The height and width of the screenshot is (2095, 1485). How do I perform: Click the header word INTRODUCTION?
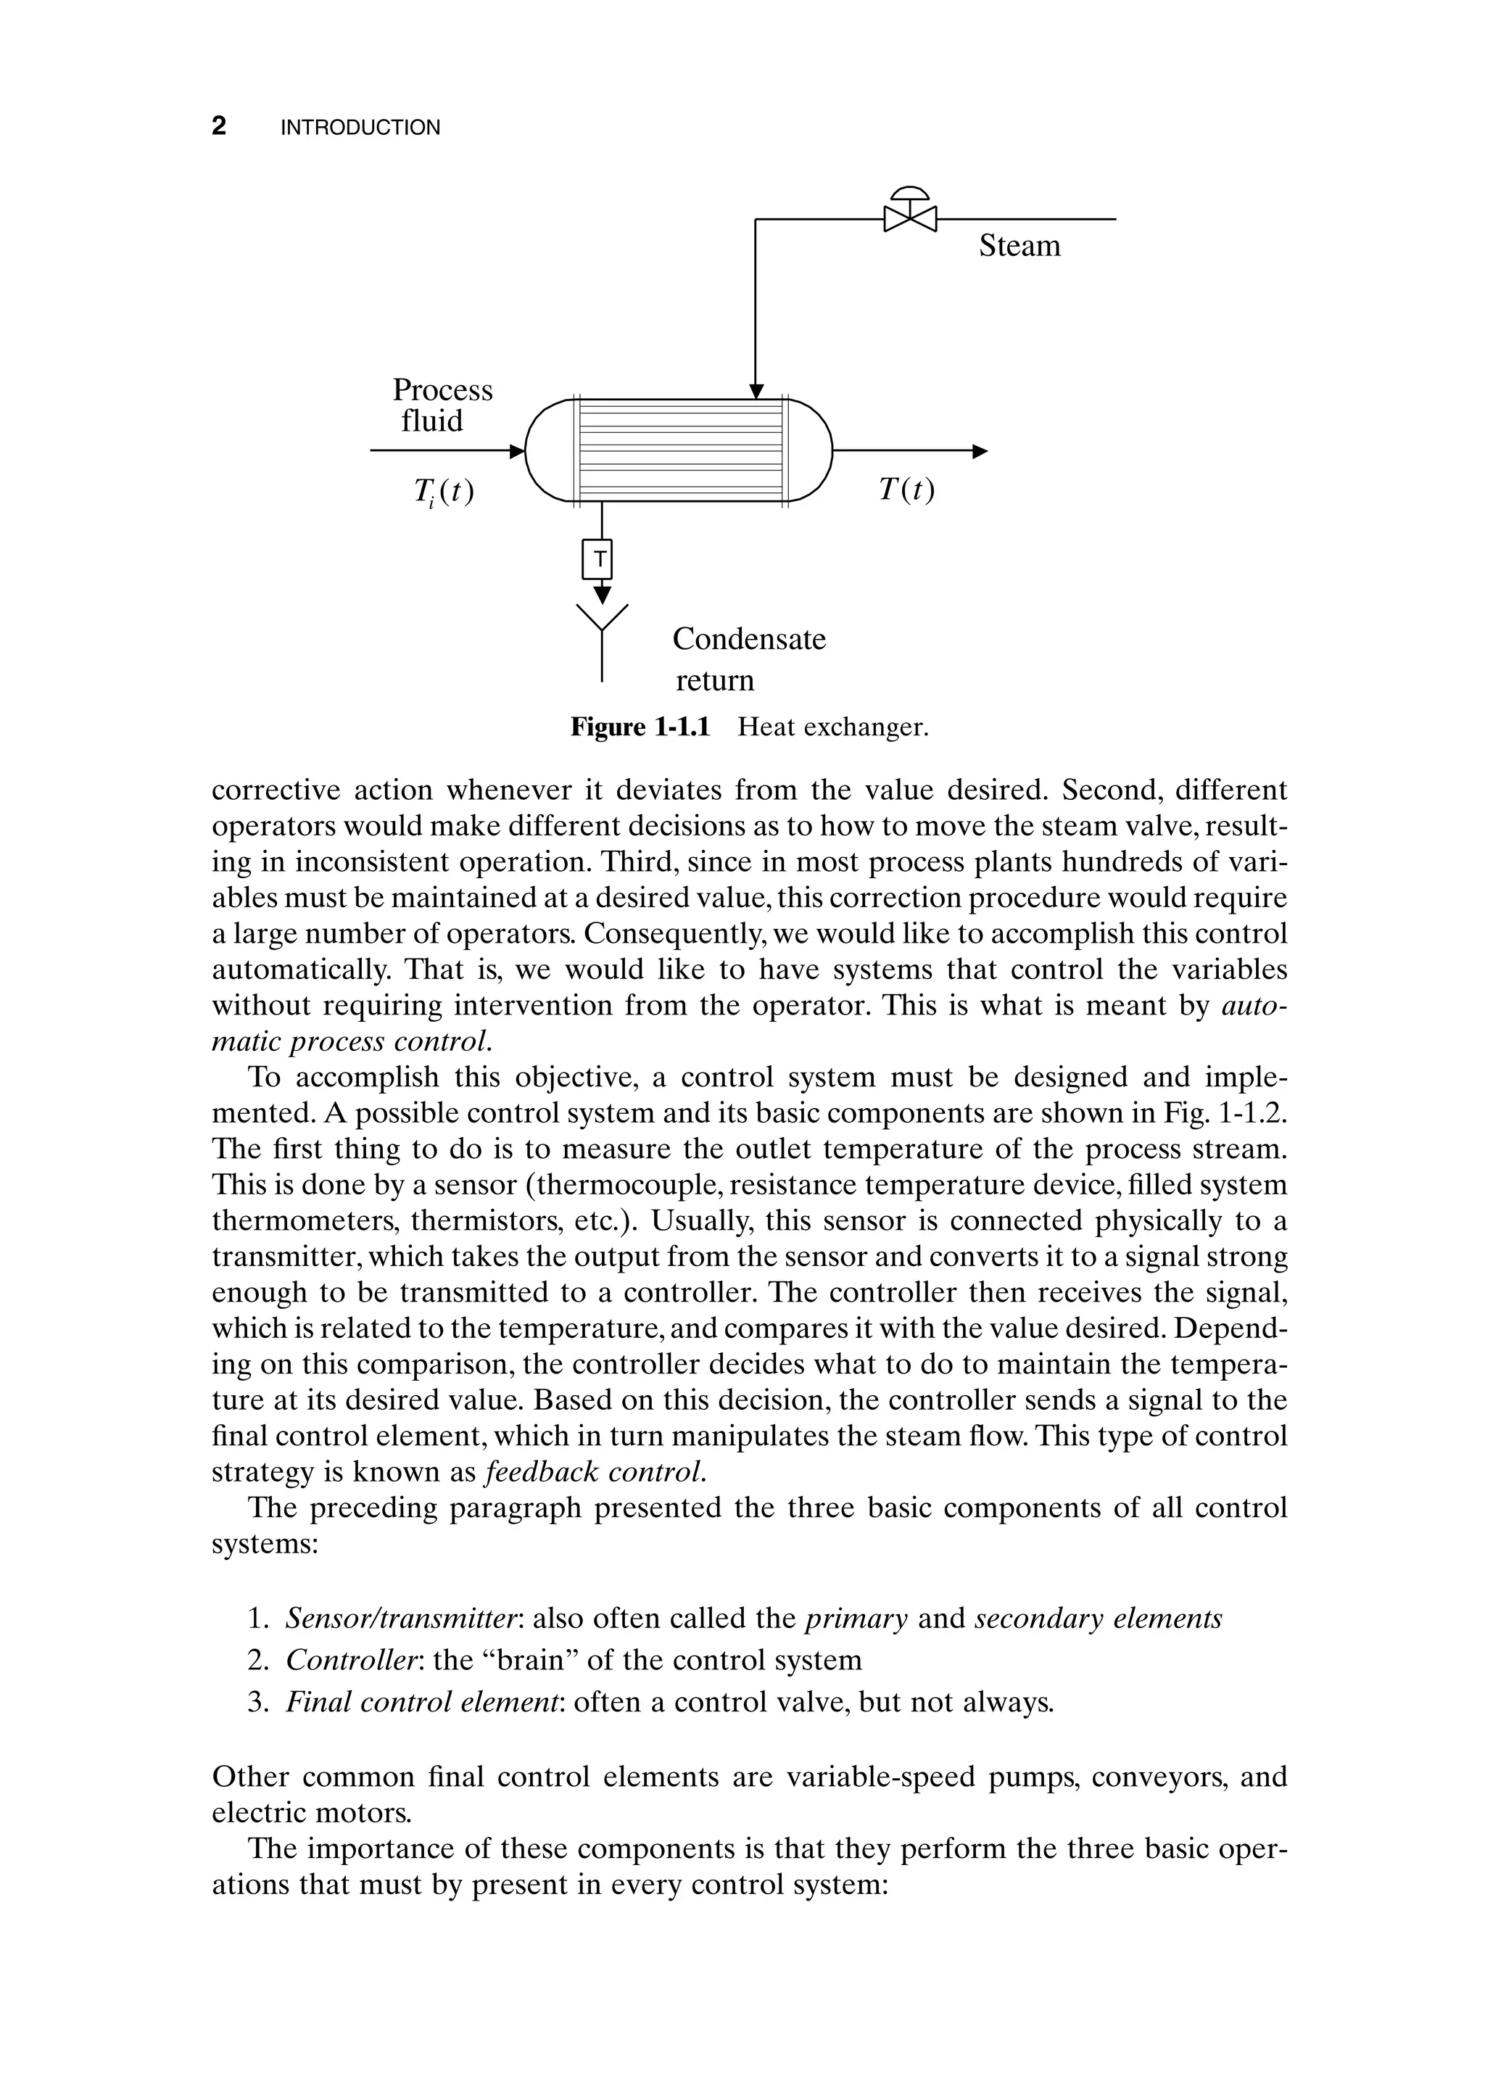tap(360, 128)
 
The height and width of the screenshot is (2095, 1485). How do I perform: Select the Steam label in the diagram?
tap(1019, 246)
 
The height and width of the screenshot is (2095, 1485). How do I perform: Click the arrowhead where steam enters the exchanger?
tap(756, 392)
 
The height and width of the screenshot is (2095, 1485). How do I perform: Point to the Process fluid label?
tap(442, 405)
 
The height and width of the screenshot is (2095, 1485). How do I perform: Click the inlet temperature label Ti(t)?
tap(444, 493)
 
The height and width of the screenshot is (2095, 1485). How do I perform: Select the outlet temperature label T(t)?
tap(906, 491)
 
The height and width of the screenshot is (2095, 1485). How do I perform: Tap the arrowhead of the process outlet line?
tap(980, 451)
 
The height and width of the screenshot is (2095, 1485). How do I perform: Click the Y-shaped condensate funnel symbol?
tap(602, 621)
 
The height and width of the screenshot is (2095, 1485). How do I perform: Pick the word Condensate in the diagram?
tap(749, 639)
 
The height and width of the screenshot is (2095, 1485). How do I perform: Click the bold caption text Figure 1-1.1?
tap(640, 728)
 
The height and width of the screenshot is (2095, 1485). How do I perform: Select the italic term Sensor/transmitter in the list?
tap(402, 1619)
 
